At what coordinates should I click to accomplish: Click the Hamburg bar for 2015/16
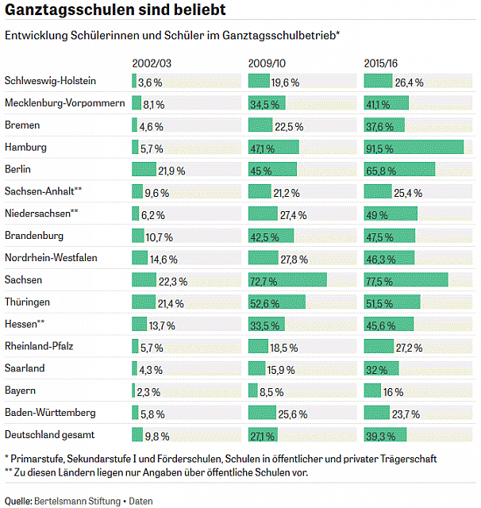tap(414, 147)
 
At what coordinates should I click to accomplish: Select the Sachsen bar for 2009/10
tap(287, 279)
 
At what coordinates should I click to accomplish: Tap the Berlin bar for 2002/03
tap(144, 169)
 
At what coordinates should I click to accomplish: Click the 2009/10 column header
tap(267, 63)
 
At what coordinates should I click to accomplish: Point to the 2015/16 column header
tap(380, 63)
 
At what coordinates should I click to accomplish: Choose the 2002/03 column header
tap(152, 63)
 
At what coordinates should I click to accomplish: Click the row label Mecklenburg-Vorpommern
tap(65, 103)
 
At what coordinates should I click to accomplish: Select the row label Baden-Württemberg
tap(50, 413)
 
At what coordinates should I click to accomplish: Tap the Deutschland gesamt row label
tap(49, 435)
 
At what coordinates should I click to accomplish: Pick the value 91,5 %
tap(379, 149)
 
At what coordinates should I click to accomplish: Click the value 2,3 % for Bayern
tap(148, 392)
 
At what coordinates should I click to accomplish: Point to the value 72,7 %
tap(264, 282)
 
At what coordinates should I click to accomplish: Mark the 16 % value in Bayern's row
tap(393, 392)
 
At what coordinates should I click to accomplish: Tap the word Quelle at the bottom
tap(18, 501)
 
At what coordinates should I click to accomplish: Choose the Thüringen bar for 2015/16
tap(392, 302)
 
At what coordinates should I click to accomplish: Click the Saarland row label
tap(25, 368)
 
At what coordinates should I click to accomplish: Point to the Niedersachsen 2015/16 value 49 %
tap(377, 215)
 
